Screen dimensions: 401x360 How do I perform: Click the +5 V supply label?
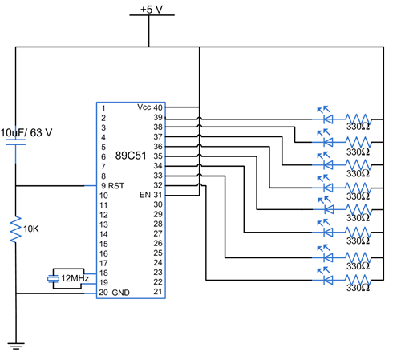pyautogui.click(x=152, y=10)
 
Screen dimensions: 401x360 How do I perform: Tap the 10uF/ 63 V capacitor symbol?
pyautogui.click(x=16, y=142)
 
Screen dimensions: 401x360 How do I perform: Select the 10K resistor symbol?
pyautogui.click(x=16, y=229)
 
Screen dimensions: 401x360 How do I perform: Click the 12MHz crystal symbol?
pyautogui.click(x=53, y=279)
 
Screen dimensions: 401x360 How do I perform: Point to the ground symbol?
pyautogui.click(x=16, y=346)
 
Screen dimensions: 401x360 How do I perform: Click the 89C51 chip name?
pyautogui.click(x=131, y=156)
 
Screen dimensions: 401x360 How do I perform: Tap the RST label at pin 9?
pyautogui.click(x=116, y=186)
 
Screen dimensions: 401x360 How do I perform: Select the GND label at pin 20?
pyautogui.click(x=120, y=293)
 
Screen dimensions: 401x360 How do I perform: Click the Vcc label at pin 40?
pyautogui.click(x=144, y=107)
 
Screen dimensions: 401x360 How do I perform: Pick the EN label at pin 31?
pyautogui.click(x=145, y=195)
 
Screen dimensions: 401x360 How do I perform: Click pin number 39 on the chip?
pyautogui.click(x=158, y=117)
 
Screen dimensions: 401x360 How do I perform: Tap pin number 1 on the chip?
pyautogui.click(x=103, y=109)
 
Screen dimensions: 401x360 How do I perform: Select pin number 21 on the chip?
pyautogui.click(x=158, y=292)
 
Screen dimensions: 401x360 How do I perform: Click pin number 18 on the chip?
pyautogui.click(x=103, y=273)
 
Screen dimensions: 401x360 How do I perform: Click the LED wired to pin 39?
pyautogui.click(x=326, y=116)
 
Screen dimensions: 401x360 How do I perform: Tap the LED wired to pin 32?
pyautogui.click(x=326, y=277)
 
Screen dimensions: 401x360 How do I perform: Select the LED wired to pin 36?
pyautogui.click(x=326, y=185)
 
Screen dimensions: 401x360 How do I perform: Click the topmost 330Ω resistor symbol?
pyautogui.click(x=358, y=119)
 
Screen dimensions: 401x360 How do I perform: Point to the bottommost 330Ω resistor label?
pyautogui.click(x=358, y=288)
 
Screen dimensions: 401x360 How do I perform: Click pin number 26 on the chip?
pyautogui.click(x=158, y=243)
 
